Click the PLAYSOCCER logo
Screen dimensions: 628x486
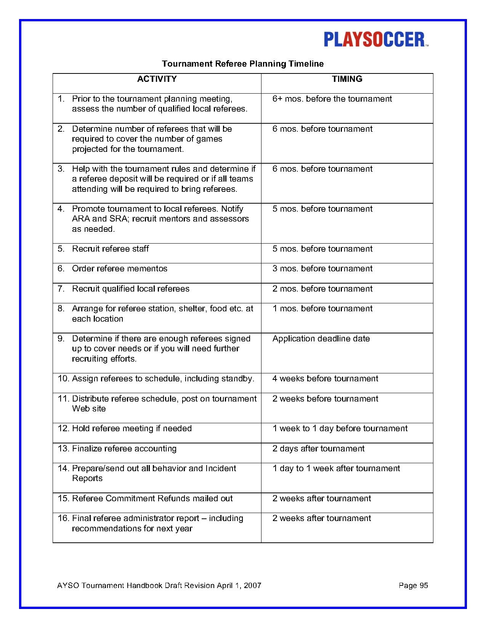coord(376,40)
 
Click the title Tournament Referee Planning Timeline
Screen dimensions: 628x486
coord(243,64)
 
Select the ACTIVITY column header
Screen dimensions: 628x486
coord(157,79)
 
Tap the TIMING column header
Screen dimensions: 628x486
coord(347,79)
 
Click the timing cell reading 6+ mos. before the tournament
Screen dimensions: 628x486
coord(332,99)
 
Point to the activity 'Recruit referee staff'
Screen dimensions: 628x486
coord(110,249)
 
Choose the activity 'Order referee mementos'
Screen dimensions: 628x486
coord(119,269)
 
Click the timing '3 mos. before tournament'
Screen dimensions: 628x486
coord(322,269)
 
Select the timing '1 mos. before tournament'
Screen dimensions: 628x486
coord(322,309)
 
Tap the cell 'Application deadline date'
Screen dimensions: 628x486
coord(321,339)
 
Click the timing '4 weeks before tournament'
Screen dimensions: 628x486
coord(325,379)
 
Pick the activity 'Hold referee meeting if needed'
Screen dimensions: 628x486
coord(132,429)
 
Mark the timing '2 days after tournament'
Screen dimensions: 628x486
coord(318,449)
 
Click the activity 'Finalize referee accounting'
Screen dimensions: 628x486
coord(124,449)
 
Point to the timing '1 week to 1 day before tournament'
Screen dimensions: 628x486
coord(340,429)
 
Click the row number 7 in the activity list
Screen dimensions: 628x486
coord(61,289)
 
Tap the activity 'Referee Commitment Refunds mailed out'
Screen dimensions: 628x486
coord(152,499)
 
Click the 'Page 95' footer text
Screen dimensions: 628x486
coord(413,585)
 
